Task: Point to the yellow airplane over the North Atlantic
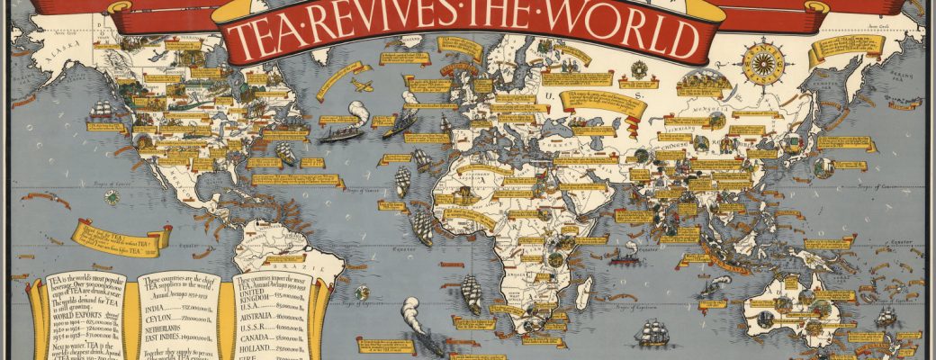coord(362,85)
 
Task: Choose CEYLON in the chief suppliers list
coord(163,318)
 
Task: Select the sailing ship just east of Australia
coord(886,316)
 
